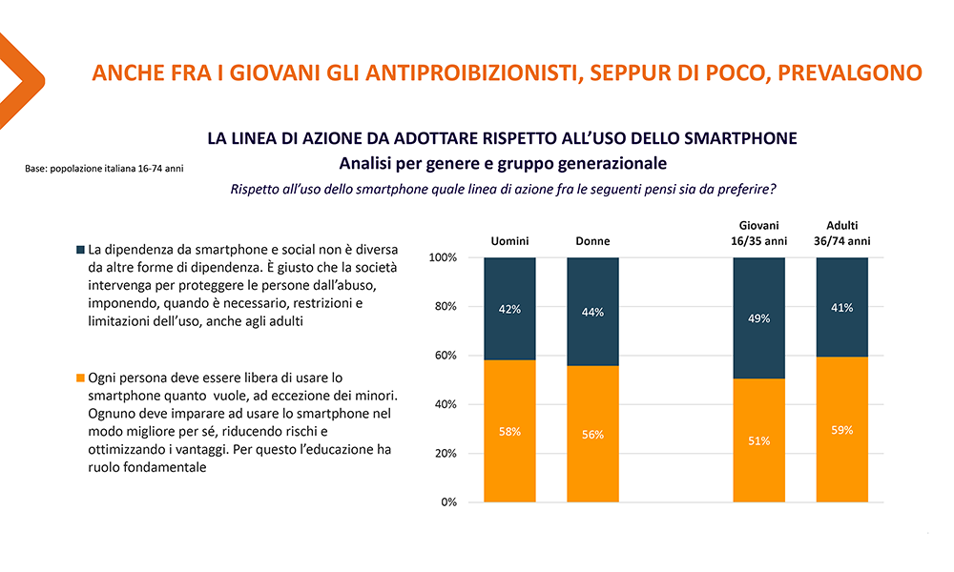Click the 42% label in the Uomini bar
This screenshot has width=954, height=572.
pos(509,309)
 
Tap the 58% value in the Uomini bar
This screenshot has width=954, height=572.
pos(509,432)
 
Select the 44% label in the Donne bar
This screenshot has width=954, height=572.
pos(592,313)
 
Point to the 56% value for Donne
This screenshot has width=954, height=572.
pos(592,435)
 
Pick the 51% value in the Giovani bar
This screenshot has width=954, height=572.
pos(758,440)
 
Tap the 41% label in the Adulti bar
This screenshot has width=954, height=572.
pos(841,307)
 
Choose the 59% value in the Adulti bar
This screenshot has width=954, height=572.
pos(841,430)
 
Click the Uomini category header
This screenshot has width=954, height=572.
pos(509,241)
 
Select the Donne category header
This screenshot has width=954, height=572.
pos(592,241)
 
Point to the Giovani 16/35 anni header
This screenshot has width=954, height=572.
pos(758,234)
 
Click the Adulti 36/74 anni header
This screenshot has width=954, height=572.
pos(841,234)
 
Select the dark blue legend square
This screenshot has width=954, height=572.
pos(79,250)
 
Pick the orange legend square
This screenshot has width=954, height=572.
pos(79,377)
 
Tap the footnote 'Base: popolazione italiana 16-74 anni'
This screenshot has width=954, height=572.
pos(104,169)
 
